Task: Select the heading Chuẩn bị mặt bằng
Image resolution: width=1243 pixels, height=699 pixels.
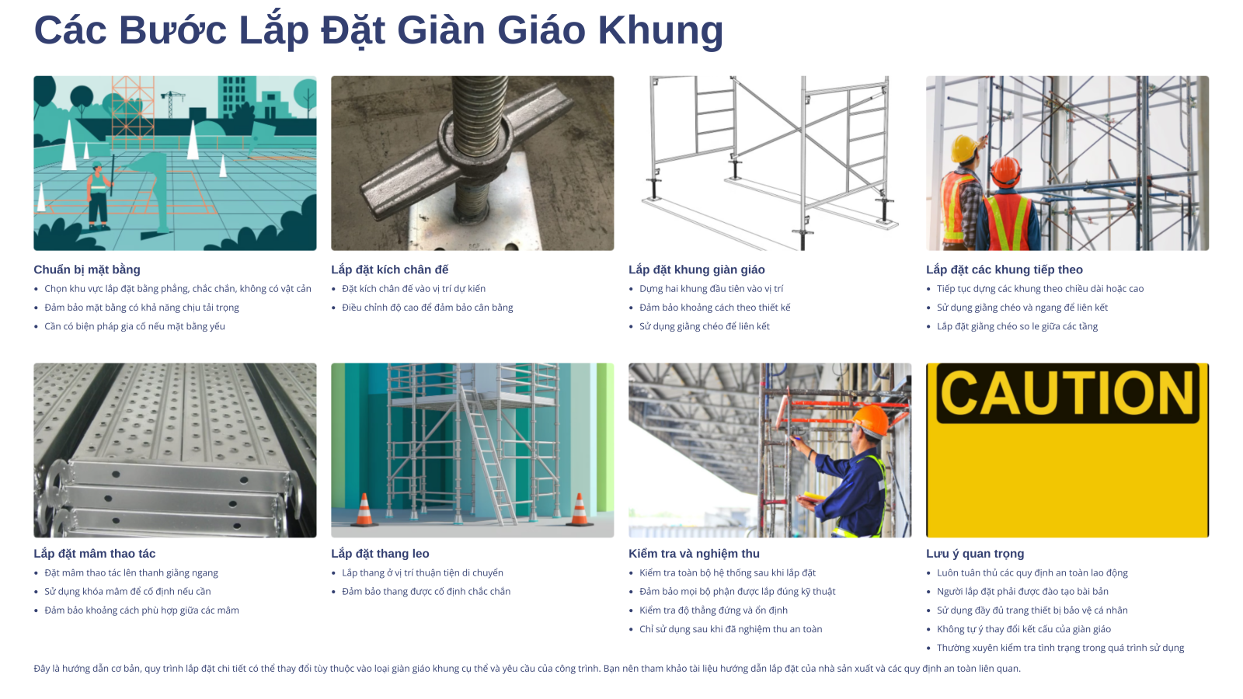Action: click(x=87, y=270)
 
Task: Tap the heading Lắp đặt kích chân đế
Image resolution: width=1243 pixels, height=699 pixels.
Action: click(x=389, y=270)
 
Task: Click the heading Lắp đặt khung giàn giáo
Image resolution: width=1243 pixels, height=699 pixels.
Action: click(x=696, y=270)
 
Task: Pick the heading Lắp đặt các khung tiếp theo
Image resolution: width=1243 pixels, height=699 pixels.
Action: click(x=1004, y=270)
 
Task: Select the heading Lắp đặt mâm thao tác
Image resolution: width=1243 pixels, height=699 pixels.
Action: click(x=94, y=554)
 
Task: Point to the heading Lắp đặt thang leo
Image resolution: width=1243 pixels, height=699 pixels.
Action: click(x=380, y=554)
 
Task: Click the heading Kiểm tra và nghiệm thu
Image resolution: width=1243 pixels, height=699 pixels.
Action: click(x=695, y=554)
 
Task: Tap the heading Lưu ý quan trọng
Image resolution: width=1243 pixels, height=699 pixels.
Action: click(x=975, y=554)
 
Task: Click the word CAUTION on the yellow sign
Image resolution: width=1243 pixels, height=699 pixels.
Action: click(x=1067, y=393)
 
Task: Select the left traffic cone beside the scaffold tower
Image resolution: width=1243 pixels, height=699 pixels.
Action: click(x=364, y=509)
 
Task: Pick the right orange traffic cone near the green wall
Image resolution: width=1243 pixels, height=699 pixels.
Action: click(x=580, y=509)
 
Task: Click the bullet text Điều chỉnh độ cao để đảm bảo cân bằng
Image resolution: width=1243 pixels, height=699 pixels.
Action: click(x=427, y=308)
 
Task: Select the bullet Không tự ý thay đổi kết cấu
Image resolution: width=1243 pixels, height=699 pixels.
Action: click(x=1024, y=629)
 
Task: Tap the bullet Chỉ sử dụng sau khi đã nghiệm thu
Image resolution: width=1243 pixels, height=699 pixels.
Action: click(x=731, y=629)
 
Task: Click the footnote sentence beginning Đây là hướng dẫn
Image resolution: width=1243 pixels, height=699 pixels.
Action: click(x=527, y=669)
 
